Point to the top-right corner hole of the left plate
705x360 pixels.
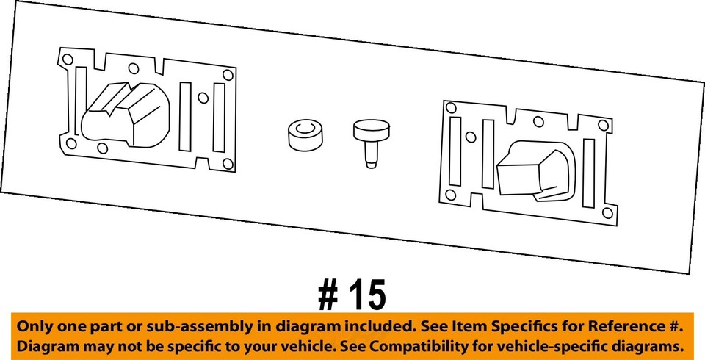(228, 75)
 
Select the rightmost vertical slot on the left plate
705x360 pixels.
(218, 118)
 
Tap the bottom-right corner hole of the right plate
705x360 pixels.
(607, 213)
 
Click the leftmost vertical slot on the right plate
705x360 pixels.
(455, 151)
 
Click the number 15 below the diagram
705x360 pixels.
(365, 295)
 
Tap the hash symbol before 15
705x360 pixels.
(328, 295)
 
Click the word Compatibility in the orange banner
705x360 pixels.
(455, 346)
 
